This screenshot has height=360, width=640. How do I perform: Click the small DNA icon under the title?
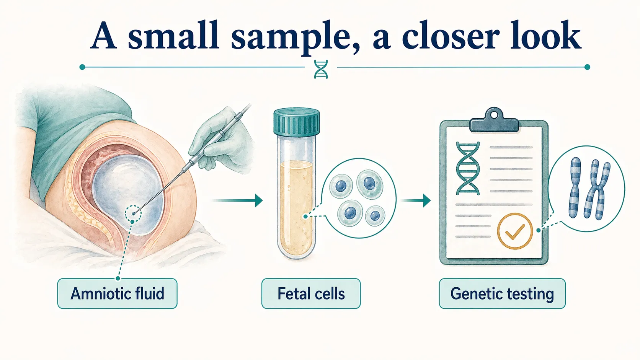[321, 69]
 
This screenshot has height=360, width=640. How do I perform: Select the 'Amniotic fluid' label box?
[117, 293]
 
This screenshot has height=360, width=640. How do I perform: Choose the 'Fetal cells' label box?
[311, 293]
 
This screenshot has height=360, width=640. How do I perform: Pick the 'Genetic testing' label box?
[502, 293]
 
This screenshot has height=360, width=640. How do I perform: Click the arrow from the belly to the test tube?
[237, 200]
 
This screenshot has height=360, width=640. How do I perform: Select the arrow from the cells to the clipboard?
[416, 200]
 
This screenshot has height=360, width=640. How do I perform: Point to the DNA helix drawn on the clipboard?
[468, 168]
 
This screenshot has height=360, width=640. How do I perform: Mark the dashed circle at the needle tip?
[133, 213]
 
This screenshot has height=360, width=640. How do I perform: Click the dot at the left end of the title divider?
[82, 67]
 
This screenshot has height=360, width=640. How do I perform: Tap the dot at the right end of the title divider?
[588, 67]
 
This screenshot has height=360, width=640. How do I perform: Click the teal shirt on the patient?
[69, 130]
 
